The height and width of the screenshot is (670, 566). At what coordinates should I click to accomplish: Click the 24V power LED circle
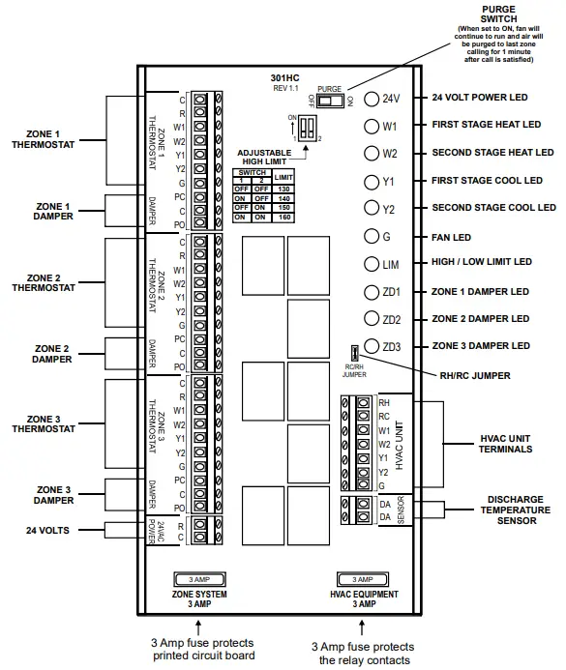372,99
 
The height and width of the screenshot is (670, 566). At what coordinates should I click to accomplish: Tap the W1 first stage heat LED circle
372,126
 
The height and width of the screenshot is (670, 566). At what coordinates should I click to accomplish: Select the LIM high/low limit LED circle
372,263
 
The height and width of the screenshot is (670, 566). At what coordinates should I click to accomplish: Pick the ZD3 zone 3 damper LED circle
372,346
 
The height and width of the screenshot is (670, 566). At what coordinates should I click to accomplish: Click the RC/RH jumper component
356,353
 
